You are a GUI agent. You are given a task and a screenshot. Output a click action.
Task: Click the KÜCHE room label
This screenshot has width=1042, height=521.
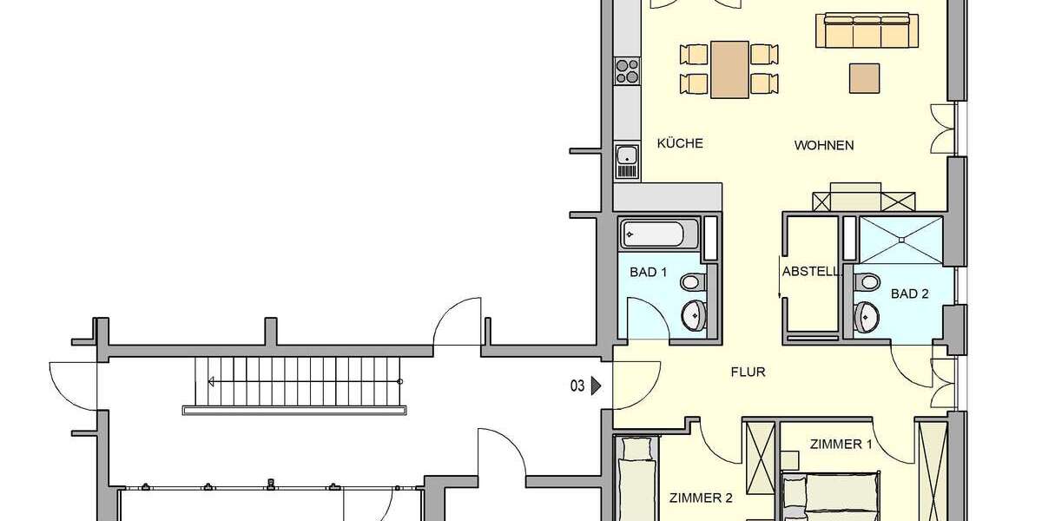click(x=680, y=144)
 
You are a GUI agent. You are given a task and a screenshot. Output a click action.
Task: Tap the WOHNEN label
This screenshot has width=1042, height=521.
click(x=824, y=145)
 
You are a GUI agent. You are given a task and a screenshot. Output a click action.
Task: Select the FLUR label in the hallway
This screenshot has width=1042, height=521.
click(x=747, y=372)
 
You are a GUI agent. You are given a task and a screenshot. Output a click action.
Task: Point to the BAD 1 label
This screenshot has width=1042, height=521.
click(x=648, y=272)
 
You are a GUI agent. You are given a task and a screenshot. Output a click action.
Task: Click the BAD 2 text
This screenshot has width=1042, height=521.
click(x=910, y=293)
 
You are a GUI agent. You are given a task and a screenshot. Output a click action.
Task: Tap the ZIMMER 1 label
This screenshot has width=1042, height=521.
click(x=841, y=444)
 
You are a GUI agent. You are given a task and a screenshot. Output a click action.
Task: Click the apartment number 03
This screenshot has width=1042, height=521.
click(x=577, y=386)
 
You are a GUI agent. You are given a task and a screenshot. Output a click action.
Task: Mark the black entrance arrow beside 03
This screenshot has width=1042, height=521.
click(x=597, y=386)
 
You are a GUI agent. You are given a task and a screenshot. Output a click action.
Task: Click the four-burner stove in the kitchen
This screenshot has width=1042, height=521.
click(x=626, y=71)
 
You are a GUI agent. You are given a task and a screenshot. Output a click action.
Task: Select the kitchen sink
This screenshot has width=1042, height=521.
click(x=626, y=156)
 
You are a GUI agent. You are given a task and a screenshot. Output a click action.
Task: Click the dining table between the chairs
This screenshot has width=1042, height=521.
click(x=729, y=69)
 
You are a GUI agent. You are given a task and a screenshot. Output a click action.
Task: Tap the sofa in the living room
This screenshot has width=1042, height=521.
click(x=866, y=31)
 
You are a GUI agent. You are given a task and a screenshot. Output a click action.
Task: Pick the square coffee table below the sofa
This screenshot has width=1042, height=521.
click(x=864, y=77)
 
